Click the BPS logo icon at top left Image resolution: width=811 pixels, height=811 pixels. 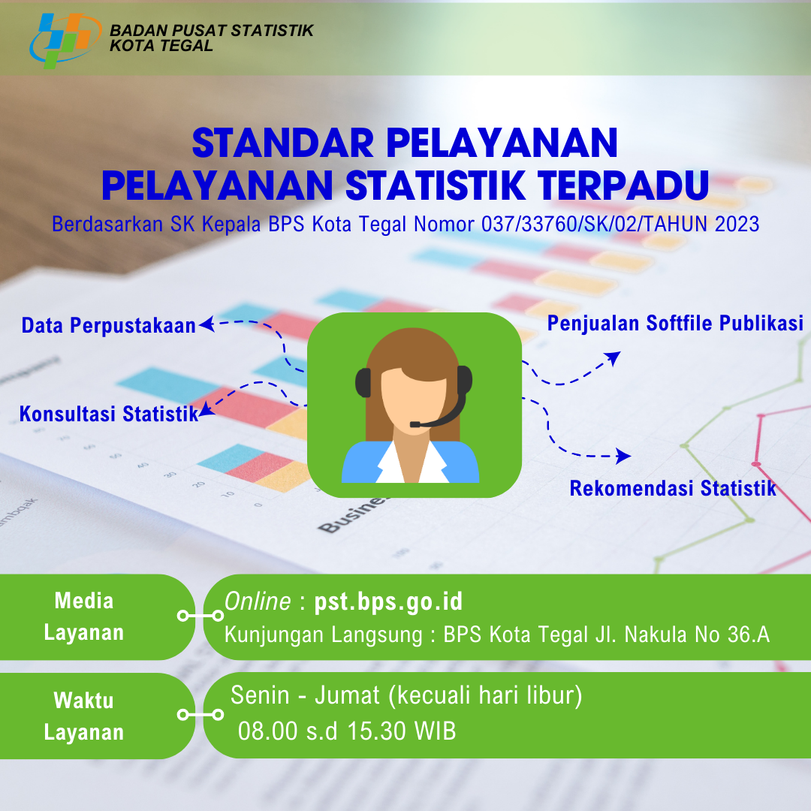(x=65, y=41)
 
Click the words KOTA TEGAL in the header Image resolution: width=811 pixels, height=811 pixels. (x=161, y=46)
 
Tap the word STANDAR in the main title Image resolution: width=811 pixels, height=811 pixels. (x=283, y=143)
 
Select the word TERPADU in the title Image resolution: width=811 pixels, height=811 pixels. (x=623, y=185)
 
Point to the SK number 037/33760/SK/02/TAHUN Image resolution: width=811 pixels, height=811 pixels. (x=594, y=224)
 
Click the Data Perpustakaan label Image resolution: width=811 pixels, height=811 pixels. (x=109, y=325)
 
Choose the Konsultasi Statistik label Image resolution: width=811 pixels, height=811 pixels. (x=109, y=414)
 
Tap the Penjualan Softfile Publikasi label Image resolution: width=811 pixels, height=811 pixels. (x=675, y=323)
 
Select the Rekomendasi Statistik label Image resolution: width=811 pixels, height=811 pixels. (x=673, y=488)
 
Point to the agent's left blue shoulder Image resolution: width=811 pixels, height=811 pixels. (x=362, y=462)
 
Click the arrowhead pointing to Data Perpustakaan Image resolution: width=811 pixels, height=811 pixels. (x=207, y=324)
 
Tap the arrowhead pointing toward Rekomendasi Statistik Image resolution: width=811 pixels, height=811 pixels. (x=623, y=456)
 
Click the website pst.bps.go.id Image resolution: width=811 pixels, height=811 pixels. (x=388, y=601)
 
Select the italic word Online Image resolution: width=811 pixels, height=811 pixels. (x=258, y=601)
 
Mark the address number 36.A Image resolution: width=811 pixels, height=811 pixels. (x=749, y=634)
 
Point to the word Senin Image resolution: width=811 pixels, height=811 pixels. (x=260, y=695)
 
